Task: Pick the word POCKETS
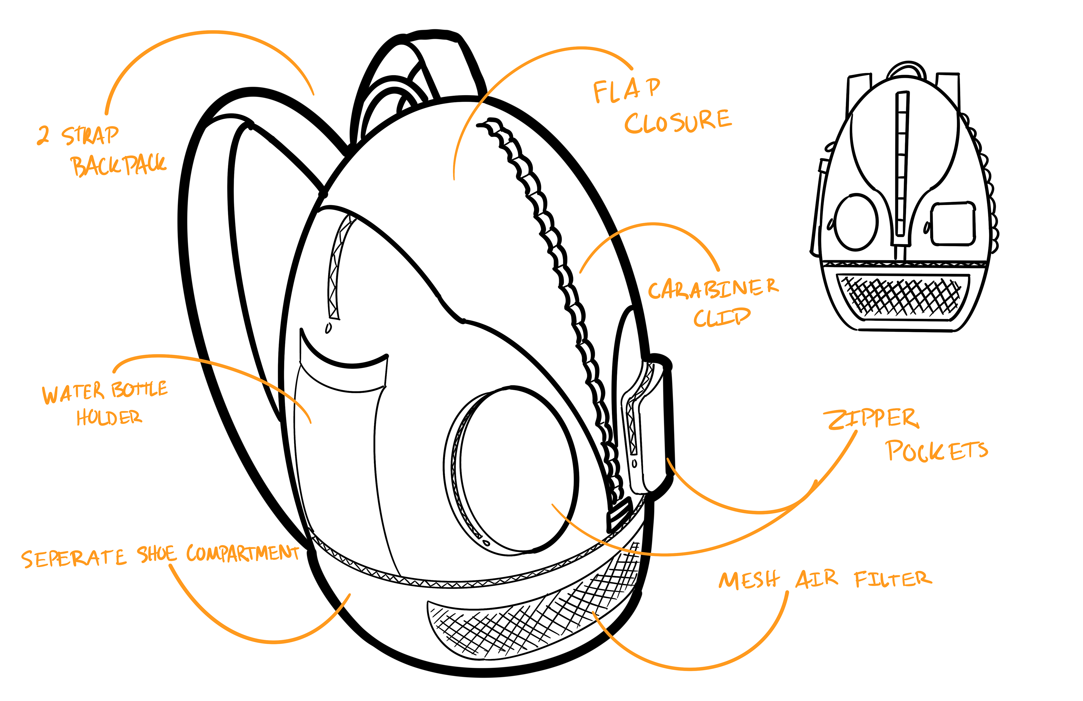[936, 451]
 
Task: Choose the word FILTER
[893, 579]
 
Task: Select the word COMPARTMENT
[243, 553]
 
